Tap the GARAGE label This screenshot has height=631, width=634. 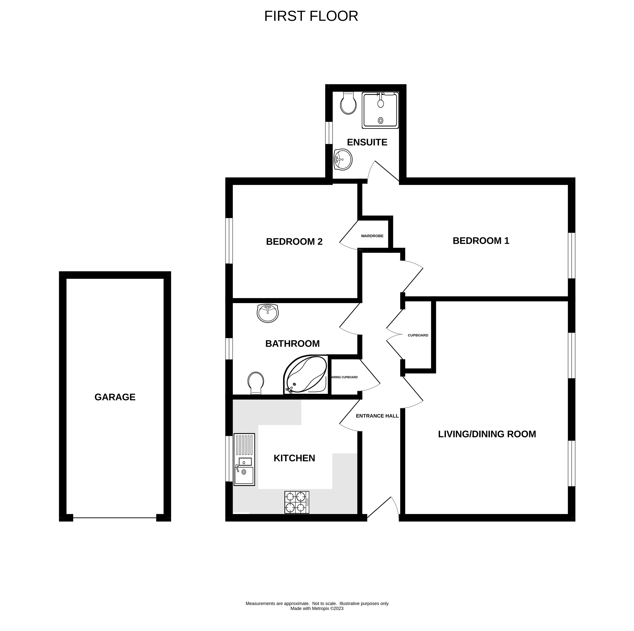tap(115, 397)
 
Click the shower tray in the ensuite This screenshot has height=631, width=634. tap(380, 110)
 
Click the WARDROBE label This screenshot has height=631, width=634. tap(372, 236)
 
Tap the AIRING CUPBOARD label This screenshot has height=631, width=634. tap(345, 377)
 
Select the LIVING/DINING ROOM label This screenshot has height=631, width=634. tap(487, 434)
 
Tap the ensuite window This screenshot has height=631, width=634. tap(329, 133)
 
